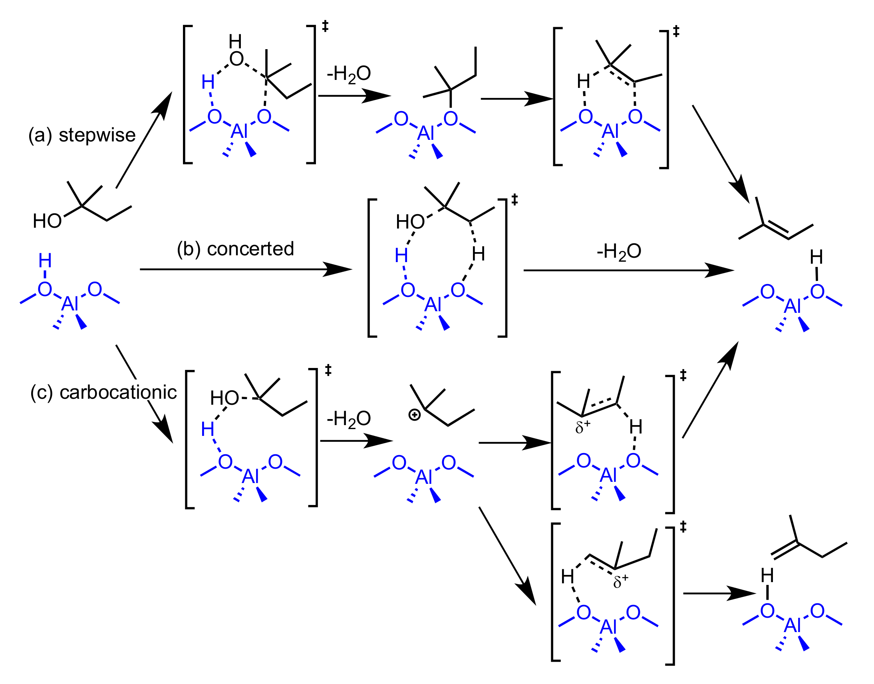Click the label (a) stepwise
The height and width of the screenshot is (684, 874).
click(81, 135)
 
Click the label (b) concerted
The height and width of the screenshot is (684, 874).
click(235, 249)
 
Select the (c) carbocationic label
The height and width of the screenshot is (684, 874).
click(103, 392)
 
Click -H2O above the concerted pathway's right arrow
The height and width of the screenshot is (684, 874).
click(619, 252)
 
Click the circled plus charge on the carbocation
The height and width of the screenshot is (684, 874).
click(414, 415)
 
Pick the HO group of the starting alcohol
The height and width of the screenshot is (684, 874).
click(47, 221)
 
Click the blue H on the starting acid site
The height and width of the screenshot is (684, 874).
click(45, 261)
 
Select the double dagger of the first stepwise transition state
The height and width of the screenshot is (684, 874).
click(325, 26)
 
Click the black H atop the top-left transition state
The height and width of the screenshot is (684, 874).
click(235, 41)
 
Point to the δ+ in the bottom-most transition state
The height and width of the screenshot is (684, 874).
click(621, 581)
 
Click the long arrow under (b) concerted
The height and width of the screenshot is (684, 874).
click(245, 270)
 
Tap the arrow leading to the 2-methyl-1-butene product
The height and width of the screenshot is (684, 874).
click(719, 593)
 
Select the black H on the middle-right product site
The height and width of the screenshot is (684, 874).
click(816, 257)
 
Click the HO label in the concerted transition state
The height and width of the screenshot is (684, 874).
click(410, 222)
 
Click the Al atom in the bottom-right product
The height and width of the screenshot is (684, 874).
click(792, 625)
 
